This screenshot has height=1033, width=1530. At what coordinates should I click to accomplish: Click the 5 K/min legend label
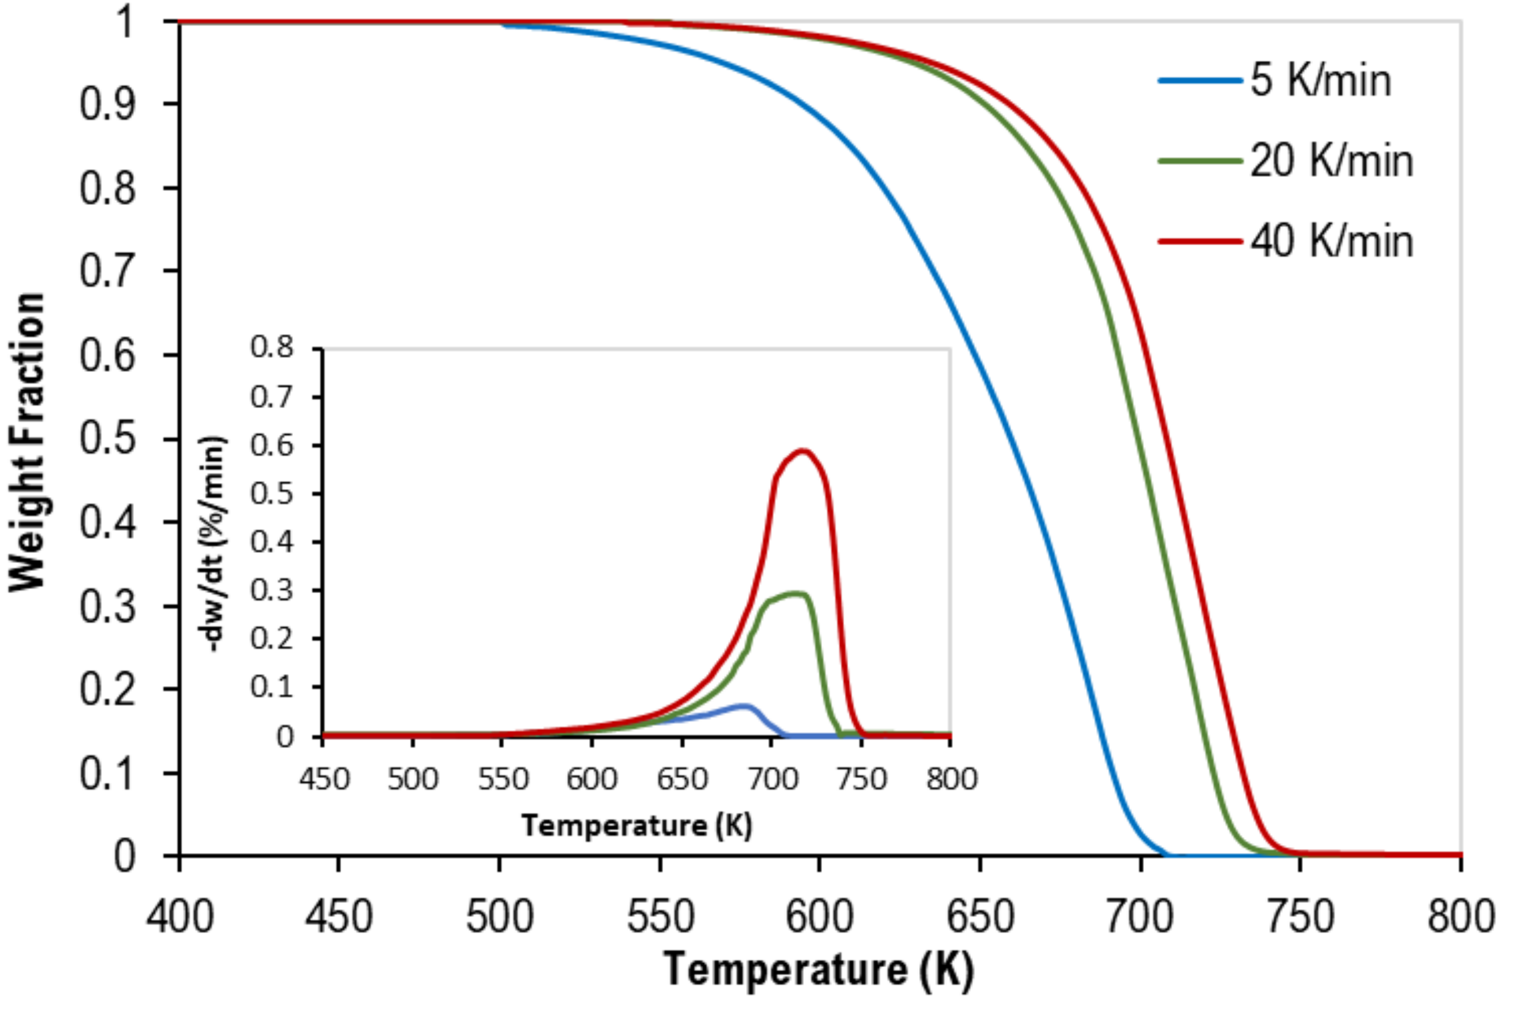(1320, 81)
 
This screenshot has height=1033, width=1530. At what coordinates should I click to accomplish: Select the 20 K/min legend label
(1331, 161)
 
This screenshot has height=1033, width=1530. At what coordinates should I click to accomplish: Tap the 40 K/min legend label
(1331, 241)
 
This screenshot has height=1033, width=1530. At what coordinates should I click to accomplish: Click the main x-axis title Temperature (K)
(818, 969)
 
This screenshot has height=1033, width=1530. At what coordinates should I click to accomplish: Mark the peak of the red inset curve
(803, 450)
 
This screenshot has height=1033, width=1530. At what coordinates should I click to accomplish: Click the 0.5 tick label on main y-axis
(107, 439)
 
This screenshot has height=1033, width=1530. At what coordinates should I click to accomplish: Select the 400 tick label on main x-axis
(180, 917)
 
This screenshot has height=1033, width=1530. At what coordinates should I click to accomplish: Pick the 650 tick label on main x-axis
(980, 917)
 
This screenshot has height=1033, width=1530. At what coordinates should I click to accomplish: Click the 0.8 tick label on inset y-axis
(272, 347)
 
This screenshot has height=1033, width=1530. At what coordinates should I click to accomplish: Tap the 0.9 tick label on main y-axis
(107, 104)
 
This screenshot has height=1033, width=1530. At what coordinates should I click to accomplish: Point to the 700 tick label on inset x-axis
(772, 779)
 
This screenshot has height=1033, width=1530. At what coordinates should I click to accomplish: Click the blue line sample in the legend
(1200, 81)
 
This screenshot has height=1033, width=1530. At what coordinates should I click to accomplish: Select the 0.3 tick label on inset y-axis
(272, 590)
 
